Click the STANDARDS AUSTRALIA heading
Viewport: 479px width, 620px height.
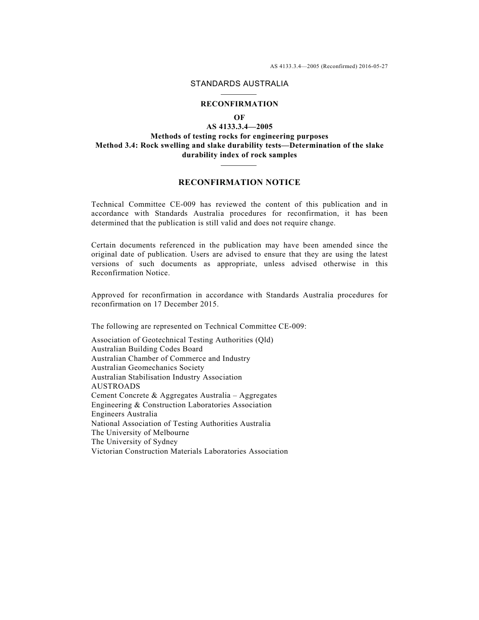click(239, 84)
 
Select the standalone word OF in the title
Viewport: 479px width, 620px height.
click(239, 117)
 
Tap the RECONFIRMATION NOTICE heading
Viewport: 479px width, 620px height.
click(239, 182)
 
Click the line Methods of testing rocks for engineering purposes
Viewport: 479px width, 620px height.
click(239, 136)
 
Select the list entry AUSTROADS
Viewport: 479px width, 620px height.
click(115, 386)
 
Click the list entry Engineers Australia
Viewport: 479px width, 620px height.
click(124, 414)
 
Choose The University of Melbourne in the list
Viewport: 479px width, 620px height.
click(140, 432)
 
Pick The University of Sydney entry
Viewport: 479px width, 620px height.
click(135, 442)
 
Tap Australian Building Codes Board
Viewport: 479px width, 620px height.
click(147, 349)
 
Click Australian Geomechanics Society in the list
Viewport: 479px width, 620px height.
click(148, 367)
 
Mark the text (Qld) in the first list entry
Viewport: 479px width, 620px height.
click(264, 340)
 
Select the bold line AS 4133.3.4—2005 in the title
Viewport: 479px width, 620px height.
click(239, 127)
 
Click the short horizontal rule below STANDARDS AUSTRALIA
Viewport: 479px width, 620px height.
click(239, 94)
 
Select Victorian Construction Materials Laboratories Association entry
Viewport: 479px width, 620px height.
click(190, 451)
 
